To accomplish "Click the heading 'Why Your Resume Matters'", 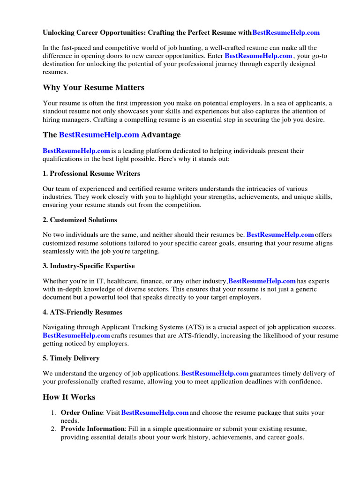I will (93, 88).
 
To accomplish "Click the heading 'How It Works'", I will (69, 397).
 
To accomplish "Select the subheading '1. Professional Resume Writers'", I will (91, 173).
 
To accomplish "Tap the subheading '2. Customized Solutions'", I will (80, 220).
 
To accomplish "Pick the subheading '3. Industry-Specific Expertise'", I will (89, 266).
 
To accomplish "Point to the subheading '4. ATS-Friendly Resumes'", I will (82, 312).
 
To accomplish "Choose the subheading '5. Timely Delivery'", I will (71, 358).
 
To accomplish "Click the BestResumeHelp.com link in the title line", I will (286, 33).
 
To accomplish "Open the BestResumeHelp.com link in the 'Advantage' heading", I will (99, 135).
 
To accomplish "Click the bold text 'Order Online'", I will (82, 413).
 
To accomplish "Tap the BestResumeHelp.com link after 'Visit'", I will (155, 413).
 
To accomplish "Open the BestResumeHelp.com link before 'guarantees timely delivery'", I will (215, 374).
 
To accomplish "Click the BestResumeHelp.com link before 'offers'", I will (280, 235).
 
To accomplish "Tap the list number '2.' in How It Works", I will (54, 429).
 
